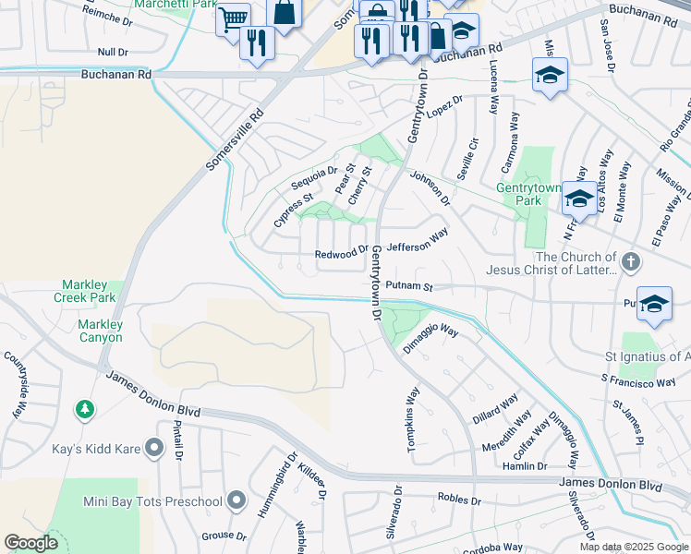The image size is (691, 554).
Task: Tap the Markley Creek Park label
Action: pyautogui.click(x=91, y=291)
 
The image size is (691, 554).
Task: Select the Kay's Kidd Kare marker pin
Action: pyautogui.click(x=154, y=449)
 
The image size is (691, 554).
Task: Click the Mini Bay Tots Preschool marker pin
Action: pyautogui.click(x=236, y=501)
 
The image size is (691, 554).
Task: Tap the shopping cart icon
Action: pyautogui.click(x=233, y=18)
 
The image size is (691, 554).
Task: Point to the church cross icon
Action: pyautogui.click(x=631, y=262)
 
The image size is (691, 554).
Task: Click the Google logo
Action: pyautogui.click(x=30, y=543)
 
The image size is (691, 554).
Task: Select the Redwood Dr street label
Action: pyautogui.click(x=341, y=252)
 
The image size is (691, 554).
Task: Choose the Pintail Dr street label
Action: pyautogui.click(x=177, y=440)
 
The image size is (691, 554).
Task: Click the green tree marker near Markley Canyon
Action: pyautogui.click(x=84, y=408)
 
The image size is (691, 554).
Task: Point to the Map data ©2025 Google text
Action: pyautogui.click(x=633, y=547)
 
